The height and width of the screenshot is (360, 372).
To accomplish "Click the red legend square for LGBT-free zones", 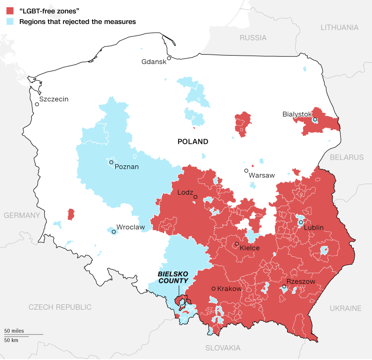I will (10, 10).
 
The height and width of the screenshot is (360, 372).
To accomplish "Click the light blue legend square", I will (10, 22).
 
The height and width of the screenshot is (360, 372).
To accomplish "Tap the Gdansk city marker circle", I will (169, 58).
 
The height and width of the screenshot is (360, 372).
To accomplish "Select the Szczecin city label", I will (54, 99).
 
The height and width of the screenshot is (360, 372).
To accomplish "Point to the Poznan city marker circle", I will (111, 163).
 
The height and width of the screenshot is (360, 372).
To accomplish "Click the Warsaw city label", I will (262, 175).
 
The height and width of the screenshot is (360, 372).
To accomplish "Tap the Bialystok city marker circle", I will (315, 120).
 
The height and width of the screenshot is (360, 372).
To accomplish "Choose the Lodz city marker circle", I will (195, 197).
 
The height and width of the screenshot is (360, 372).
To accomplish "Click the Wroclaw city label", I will (131, 227).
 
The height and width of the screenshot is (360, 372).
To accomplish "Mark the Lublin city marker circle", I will (300, 222).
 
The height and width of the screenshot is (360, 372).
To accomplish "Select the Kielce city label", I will (250, 248).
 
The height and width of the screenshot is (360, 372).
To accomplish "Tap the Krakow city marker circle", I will (213, 289).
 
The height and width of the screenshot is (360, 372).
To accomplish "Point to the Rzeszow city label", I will (300, 282).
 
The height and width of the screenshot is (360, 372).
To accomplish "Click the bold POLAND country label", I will (193, 141).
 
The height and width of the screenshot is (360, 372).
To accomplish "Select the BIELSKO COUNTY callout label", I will (173, 277).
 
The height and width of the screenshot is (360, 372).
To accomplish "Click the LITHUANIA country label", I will (339, 27).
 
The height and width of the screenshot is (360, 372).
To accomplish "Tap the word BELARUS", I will (347, 157).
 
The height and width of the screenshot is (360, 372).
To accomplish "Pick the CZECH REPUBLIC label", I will (60, 307).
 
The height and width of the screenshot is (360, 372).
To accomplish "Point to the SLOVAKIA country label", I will (223, 348).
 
